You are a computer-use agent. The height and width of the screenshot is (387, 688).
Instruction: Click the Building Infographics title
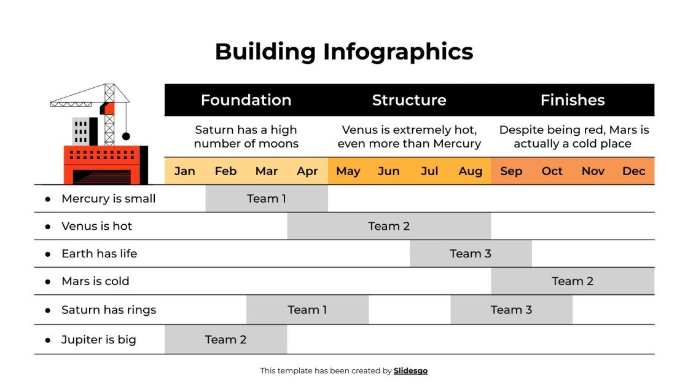tap(344, 52)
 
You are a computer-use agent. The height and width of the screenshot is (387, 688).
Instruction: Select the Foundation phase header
tap(246, 100)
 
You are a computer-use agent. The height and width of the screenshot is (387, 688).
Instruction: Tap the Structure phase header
tap(409, 100)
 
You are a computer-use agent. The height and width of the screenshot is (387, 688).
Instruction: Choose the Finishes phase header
tap(573, 100)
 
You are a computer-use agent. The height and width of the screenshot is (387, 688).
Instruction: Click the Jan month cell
tap(185, 171)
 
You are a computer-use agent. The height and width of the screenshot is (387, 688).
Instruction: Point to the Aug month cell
tap(471, 171)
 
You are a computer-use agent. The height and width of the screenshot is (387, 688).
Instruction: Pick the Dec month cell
tap(633, 171)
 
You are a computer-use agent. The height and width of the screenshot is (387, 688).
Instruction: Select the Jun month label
tap(389, 171)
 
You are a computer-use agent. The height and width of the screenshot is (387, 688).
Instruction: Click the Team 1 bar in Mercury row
tap(267, 198)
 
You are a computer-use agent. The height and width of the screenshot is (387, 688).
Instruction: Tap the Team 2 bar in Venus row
tap(389, 226)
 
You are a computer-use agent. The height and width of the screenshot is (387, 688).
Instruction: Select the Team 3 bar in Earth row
tap(471, 254)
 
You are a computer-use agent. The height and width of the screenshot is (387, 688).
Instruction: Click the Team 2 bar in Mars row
tap(573, 281)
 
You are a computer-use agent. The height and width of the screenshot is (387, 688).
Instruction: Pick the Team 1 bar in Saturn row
tap(307, 310)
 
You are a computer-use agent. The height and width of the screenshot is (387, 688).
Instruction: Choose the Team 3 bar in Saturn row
tap(511, 310)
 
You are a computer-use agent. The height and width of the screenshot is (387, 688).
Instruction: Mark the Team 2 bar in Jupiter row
tap(225, 340)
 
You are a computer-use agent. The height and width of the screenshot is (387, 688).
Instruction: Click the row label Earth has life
tap(99, 254)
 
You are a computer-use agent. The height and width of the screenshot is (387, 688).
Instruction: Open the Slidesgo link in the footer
tap(410, 370)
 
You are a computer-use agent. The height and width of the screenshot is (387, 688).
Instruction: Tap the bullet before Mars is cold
tap(48, 282)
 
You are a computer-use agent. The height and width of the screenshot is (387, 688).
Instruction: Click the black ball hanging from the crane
tap(126, 136)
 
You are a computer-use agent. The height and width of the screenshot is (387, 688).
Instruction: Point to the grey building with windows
tap(80, 131)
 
